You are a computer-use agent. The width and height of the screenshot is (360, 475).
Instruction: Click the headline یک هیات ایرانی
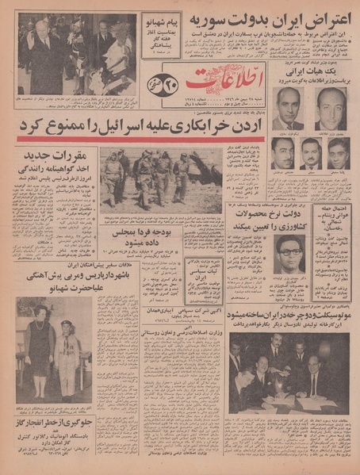click(314, 70)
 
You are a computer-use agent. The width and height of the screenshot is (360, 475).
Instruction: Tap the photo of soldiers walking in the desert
click(160, 177)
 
